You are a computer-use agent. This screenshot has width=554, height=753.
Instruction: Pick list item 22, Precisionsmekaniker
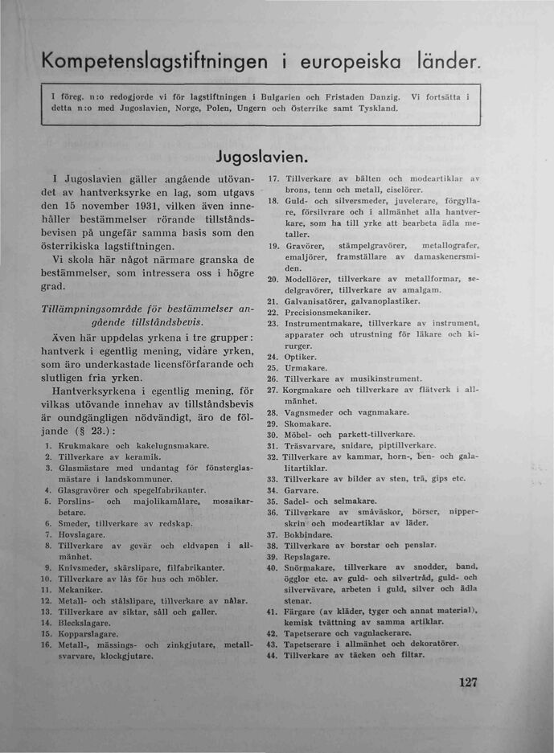click(327, 312)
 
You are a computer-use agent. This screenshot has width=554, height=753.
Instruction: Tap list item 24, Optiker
click(302, 356)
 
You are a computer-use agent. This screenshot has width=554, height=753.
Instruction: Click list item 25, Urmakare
click(306, 367)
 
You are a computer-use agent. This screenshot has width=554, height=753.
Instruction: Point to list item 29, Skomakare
click(309, 424)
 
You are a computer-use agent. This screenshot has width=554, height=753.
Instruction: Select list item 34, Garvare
click(302, 489)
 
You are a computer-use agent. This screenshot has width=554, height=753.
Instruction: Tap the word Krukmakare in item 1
click(84, 444)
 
